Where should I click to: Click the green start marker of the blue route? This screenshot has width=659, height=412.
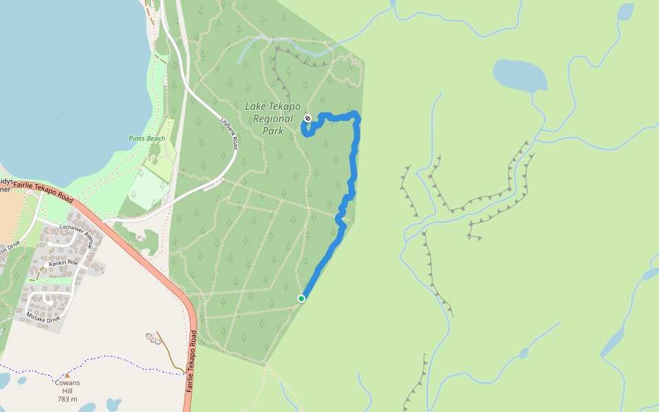point(301,298)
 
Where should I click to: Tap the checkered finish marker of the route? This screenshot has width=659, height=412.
point(308,118)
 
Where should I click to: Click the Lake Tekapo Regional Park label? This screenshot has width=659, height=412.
point(273,118)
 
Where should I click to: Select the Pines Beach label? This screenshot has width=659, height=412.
point(147,138)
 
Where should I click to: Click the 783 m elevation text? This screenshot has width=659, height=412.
point(67,399)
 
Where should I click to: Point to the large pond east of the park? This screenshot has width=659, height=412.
point(520,76)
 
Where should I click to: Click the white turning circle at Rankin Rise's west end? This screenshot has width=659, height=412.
point(46,265)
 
